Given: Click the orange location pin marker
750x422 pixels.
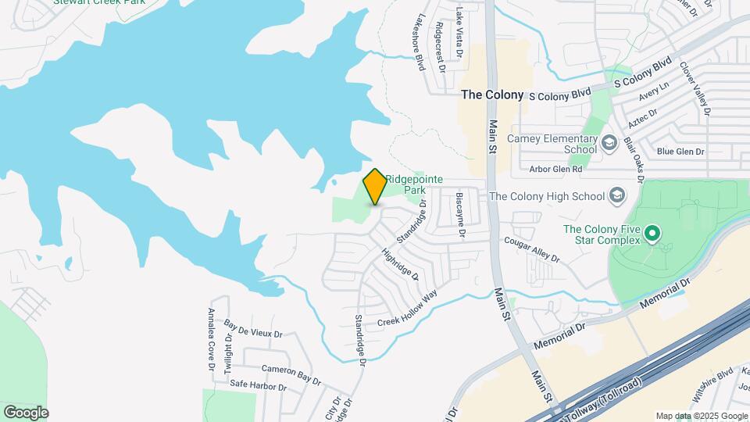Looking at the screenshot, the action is coord(375,187).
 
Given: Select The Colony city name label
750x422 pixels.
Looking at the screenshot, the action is coord(492,95).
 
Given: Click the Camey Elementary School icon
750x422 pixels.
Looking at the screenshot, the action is coord(609,144).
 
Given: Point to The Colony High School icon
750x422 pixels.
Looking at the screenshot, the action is coord(617,196).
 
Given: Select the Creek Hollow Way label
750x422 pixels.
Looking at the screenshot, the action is coord(407,309).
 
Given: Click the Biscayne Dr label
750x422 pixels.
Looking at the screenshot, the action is coord(461,214).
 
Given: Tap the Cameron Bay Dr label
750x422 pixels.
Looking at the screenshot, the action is coord(291,374).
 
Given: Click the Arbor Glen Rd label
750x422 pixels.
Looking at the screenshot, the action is coord(555,169).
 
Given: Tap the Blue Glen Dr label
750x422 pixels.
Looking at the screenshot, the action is coord(680,152).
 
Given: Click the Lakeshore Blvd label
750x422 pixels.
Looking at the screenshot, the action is coord(420,42).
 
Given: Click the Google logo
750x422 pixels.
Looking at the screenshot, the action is coord(26,412).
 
